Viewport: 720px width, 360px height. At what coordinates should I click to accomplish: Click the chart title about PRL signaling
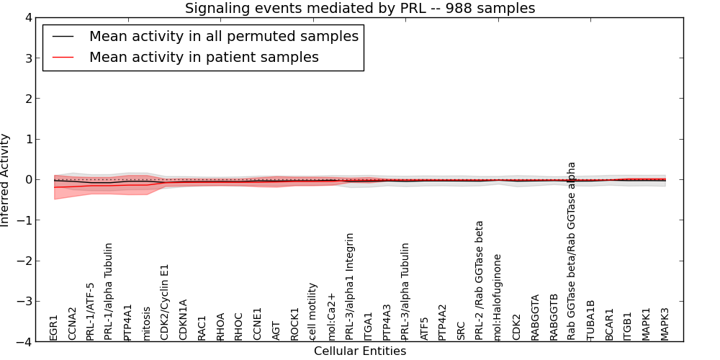click(360, 9)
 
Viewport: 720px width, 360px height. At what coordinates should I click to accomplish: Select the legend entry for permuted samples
click(223, 36)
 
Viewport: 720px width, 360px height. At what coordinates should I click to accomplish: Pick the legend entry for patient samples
click(204, 57)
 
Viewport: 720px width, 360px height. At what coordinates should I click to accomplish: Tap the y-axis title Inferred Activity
click(6, 180)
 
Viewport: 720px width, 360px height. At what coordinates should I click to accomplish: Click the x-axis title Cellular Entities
click(360, 351)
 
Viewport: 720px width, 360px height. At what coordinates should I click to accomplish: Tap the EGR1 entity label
click(54, 328)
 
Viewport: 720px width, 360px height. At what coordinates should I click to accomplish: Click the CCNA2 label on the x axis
click(72, 324)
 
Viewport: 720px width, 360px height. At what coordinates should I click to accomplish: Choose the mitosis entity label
click(147, 323)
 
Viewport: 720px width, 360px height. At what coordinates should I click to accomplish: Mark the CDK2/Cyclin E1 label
click(165, 302)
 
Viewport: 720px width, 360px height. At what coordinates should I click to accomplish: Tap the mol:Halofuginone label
click(498, 297)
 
